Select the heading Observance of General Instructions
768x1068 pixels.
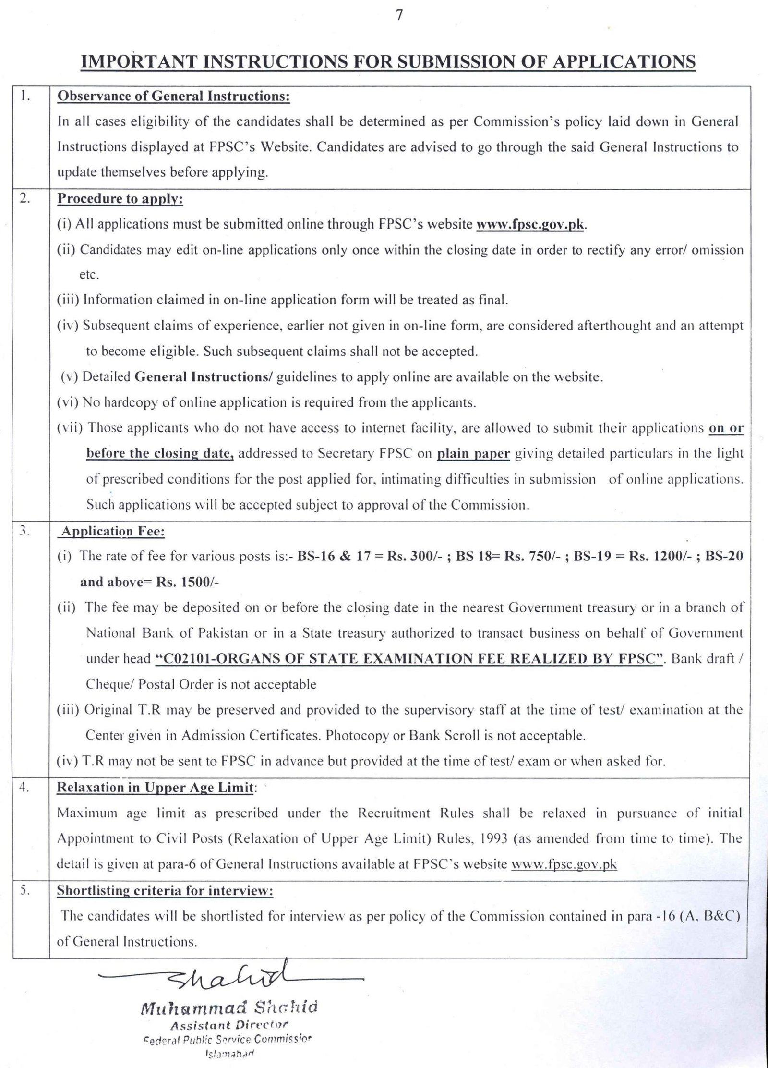tap(174, 97)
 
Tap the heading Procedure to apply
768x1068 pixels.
tap(120, 199)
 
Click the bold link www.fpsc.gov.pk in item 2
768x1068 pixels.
tap(530, 225)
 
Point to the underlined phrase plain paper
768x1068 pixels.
tap(473, 454)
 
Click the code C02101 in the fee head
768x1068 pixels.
tap(188, 658)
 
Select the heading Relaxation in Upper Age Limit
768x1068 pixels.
tap(155, 788)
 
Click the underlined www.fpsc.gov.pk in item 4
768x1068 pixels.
tap(564, 864)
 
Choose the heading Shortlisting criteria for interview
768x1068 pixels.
tap(165, 891)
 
